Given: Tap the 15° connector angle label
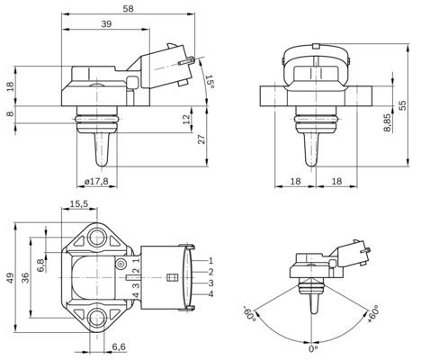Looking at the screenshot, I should pyautogui.click(x=210, y=82).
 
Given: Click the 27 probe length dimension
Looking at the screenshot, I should pyautogui.click(x=202, y=139).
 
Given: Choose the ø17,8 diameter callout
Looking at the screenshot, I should pyautogui.click(x=96, y=182).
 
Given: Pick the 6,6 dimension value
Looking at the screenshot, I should pyautogui.click(x=118, y=346).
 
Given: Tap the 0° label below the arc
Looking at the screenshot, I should pyautogui.click(x=313, y=349).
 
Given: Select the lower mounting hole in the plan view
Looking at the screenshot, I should pyautogui.click(x=96, y=317).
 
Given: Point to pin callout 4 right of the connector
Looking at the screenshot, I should pyautogui.click(x=210, y=294).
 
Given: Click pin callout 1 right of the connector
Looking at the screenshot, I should pyautogui.click(x=210, y=259).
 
